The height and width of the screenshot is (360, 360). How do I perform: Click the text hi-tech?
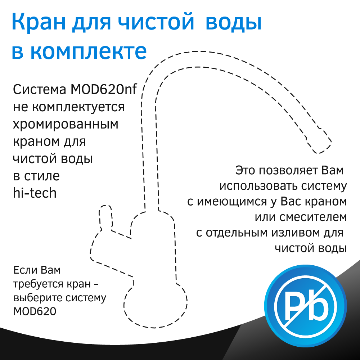point(35,193)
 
